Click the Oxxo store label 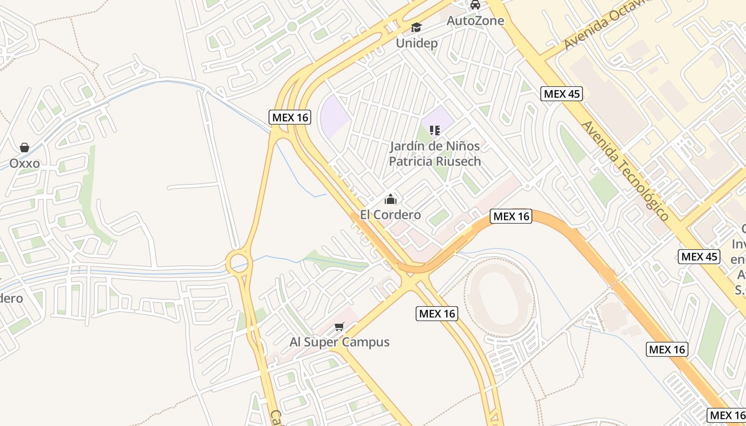pos(25,163)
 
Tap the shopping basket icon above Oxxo pos(25,148)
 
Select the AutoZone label pos(475,21)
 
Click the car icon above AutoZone pos(475,5)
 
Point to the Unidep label pos(416,43)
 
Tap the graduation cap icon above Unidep pos(416,27)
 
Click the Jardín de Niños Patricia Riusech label pos(435,153)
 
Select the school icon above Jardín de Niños pos(435,130)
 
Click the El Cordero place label pos(391,215)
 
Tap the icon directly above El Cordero pos(391,199)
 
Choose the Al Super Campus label pos(339,342)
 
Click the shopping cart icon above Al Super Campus pos(339,326)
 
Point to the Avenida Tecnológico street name pos(625,170)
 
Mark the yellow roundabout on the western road pos(238,262)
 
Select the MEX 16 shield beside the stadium pos(436,314)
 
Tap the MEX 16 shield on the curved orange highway pos(511,216)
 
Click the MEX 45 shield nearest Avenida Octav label pos(562,94)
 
